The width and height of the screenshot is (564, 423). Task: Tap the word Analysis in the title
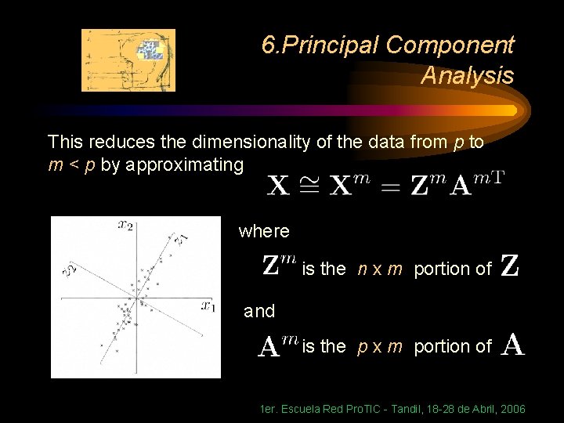pos(467,76)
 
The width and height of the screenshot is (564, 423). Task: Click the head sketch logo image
pos(128,60)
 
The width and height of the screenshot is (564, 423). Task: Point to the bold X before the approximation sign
pos(278,186)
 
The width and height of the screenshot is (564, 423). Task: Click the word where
pos(264,231)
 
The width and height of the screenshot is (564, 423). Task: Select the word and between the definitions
pos(259,311)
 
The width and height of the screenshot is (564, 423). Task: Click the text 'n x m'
pos(380,269)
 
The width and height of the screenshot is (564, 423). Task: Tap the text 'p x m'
pos(380,345)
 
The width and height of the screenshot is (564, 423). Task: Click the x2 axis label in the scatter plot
pos(125,225)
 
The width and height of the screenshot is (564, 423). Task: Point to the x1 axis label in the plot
pos(208,306)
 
